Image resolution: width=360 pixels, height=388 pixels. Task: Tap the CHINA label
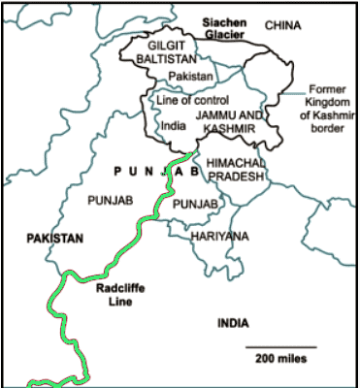click(x=284, y=24)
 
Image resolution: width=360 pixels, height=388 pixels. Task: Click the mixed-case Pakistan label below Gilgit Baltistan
click(x=191, y=76)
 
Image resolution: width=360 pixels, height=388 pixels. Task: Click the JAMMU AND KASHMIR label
click(x=230, y=121)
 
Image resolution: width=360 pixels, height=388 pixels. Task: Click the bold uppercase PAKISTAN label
click(x=55, y=238)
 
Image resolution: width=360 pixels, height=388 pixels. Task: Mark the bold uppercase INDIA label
click(x=233, y=323)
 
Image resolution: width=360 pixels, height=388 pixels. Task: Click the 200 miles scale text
click(x=281, y=359)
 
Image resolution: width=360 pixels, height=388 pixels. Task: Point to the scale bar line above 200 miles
click(x=280, y=346)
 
